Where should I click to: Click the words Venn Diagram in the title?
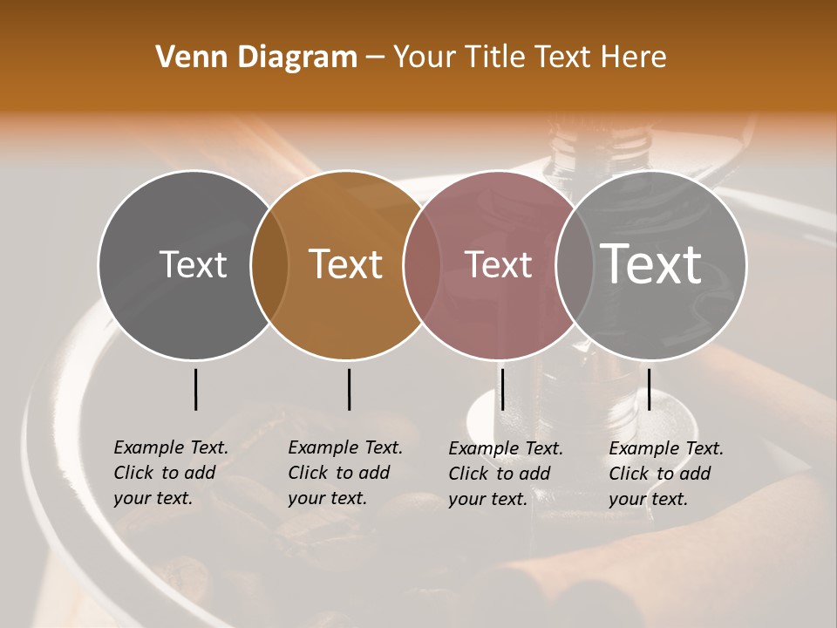point(256,58)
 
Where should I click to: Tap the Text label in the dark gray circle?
point(194,264)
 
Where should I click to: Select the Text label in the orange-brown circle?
point(346,264)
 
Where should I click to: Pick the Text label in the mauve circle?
point(498,264)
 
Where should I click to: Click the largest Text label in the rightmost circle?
point(651,264)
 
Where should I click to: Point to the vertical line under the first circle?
point(195,389)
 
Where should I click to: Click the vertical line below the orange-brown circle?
point(349,389)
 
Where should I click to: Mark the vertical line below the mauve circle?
point(502,389)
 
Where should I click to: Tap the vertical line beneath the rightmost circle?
point(649,389)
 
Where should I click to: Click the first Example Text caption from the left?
point(171,473)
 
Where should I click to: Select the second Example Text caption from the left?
point(345,473)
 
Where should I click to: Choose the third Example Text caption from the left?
point(506,474)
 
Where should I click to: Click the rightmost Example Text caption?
point(666,474)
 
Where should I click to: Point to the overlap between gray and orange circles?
point(269,264)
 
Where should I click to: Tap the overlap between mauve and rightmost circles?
point(568,264)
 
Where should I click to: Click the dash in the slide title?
point(375,58)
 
